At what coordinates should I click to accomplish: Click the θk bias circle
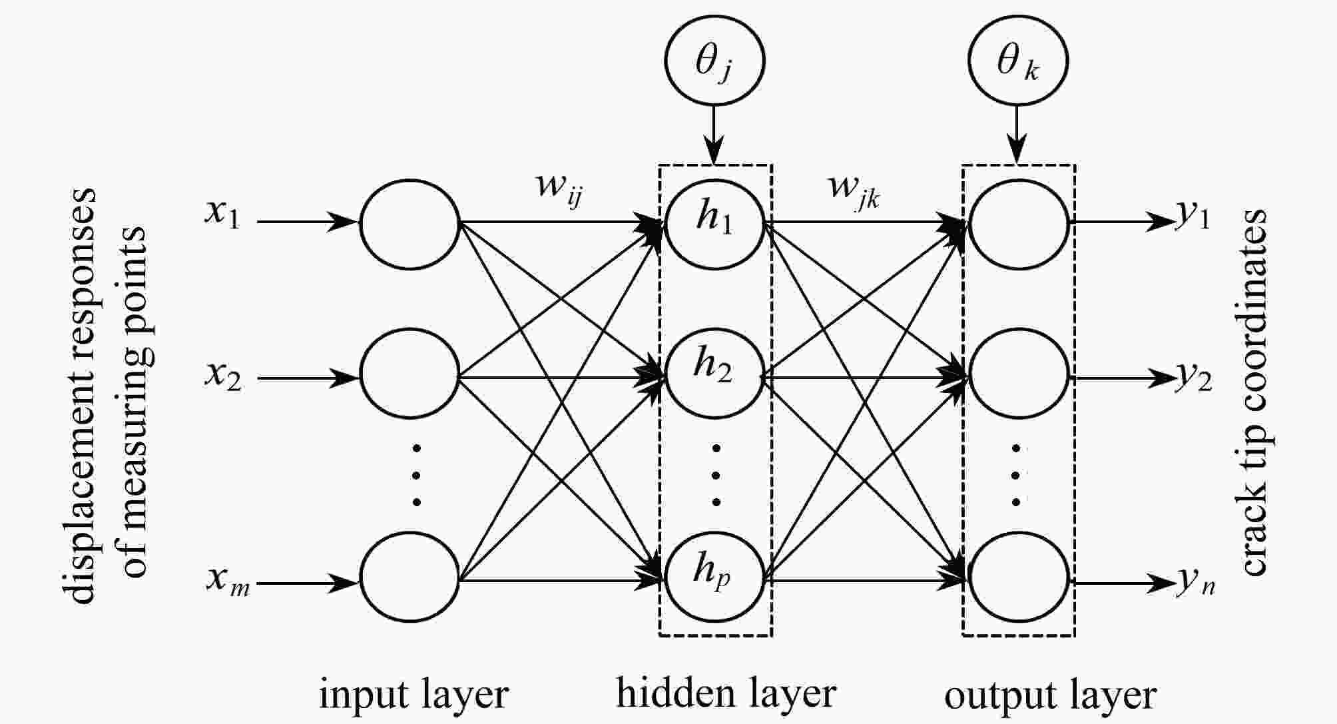click(x=1017, y=60)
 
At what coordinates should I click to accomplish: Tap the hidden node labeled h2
click(x=714, y=374)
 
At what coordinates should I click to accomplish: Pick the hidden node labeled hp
click(x=714, y=577)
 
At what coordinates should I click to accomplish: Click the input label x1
click(x=222, y=214)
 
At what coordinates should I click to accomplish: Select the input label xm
click(x=228, y=581)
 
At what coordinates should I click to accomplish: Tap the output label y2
click(x=1193, y=378)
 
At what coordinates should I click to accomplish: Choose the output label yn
click(x=1196, y=582)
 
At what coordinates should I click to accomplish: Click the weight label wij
click(x=560, y=188)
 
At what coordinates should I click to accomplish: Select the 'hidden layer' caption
click(x=726, y=693)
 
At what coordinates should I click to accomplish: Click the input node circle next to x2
click(x=410, y=374)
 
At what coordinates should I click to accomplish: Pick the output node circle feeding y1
click(x=1019, y=224)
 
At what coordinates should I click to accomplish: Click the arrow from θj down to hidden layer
click(x=714, y=135)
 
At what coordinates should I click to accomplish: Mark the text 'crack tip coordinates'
click(x=1253, y=392)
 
